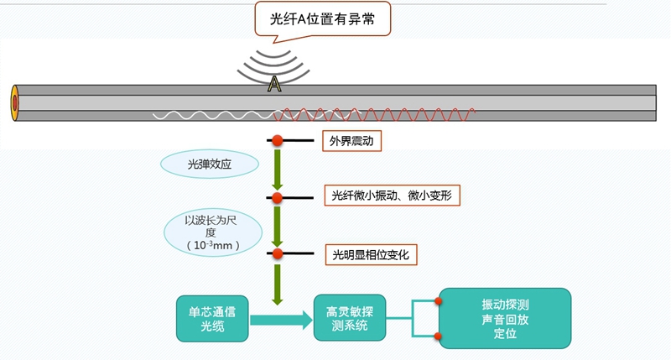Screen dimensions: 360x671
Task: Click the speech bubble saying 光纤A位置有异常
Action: coord(324,19)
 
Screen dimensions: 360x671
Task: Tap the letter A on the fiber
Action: coord(273,84)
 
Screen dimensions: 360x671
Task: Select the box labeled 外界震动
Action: coord(352,142)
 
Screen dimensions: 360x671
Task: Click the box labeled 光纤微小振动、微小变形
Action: coord(393,196)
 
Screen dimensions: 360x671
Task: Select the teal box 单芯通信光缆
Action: coord(213,317)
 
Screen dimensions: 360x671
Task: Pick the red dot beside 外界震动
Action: coord(276,141)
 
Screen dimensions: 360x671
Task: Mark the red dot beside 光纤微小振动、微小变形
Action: coord(276,197)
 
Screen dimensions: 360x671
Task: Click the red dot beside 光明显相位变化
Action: coord(276,253)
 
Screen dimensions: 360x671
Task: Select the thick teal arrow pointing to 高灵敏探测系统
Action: coord(282,318)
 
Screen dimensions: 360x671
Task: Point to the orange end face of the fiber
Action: coord(14,102)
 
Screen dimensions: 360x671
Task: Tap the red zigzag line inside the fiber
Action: coord(377,114)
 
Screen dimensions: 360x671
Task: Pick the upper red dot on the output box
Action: coord(438,300)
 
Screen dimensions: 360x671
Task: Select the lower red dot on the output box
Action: coord(438,336)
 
